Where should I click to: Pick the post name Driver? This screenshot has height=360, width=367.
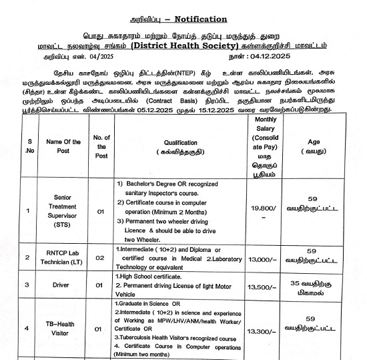(x=63, y=285)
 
